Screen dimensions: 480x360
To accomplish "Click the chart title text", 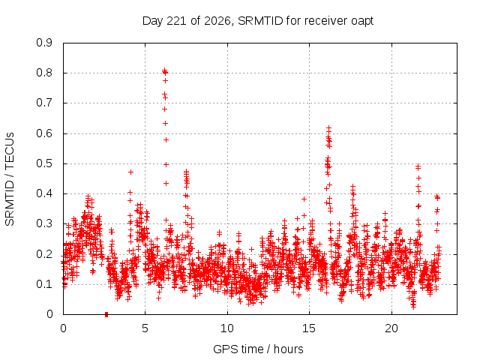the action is coord(258,21).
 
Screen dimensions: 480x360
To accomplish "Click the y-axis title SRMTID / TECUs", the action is coord(10,179).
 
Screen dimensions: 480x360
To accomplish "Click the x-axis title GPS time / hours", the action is coord(258,349).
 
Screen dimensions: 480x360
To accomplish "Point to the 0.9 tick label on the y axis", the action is coord(44,43).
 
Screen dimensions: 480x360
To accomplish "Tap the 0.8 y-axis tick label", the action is coord(44,73).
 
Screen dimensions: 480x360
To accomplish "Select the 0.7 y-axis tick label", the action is coord(44,103).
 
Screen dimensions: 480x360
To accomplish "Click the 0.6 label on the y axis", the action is coord(44,133).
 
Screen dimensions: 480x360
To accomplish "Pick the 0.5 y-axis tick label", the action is coord(44,163).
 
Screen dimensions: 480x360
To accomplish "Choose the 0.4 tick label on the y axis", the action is coord(44,193).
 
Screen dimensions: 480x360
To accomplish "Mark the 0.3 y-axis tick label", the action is coord(44,223).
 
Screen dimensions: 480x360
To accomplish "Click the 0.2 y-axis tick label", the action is coord(44,253).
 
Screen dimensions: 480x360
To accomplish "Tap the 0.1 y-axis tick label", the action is coord(44,283).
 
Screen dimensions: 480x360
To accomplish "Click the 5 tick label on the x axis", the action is coord(145,328).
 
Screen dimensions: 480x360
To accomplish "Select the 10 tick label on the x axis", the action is coord(227,328).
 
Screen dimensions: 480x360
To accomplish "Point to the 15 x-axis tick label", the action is coord(309,328).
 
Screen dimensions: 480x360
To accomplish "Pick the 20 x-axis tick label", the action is coord(391,328).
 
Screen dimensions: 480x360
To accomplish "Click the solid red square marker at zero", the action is coord(106,314).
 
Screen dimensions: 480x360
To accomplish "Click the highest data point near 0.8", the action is coord(165,70).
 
